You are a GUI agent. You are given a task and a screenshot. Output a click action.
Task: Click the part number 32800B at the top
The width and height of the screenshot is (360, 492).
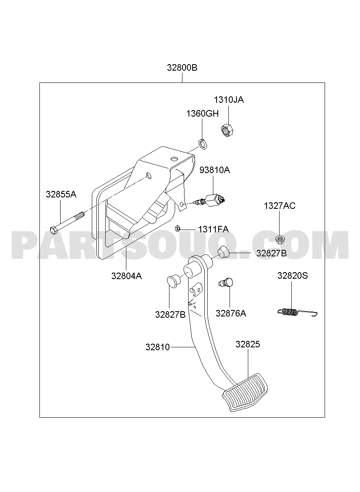[182, 68]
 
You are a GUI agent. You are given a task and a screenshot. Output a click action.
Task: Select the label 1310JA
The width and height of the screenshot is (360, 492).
[229, 100]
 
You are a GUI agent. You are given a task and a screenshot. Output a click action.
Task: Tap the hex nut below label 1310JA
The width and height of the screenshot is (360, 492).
[227, 130]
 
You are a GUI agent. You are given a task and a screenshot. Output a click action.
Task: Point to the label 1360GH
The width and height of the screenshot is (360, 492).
[202, 114]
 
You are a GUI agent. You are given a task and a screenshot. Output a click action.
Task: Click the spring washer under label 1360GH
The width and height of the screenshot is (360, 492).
[203, 144]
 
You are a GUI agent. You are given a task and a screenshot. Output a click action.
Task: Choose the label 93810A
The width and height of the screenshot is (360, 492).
[215, 170]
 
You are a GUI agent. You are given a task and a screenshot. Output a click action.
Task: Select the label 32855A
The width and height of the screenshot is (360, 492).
[61, 194]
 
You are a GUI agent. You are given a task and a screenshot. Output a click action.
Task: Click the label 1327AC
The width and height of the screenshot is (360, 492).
[280, 206]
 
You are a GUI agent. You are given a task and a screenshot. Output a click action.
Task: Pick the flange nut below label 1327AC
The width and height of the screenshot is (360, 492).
[279, 239]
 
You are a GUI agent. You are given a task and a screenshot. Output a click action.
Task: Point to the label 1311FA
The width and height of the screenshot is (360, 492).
[213, 229]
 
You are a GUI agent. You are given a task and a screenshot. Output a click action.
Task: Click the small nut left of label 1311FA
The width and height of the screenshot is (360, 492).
[178, 228]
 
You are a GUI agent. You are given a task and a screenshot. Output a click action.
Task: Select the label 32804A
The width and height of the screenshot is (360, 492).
[126, 276]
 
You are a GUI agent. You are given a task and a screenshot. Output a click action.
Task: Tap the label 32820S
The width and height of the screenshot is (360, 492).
[293, 275]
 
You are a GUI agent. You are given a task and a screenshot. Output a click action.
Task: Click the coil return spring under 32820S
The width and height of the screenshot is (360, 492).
[297, 312]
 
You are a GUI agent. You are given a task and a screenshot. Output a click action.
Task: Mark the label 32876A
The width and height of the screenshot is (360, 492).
[231, 313]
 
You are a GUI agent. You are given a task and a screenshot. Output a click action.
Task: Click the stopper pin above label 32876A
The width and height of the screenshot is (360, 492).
[226, 282]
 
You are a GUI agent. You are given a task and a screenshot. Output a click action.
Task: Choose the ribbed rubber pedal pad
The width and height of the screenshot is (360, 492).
[245, 392]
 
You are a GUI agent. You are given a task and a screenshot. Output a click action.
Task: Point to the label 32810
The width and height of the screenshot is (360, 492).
[158, 347]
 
